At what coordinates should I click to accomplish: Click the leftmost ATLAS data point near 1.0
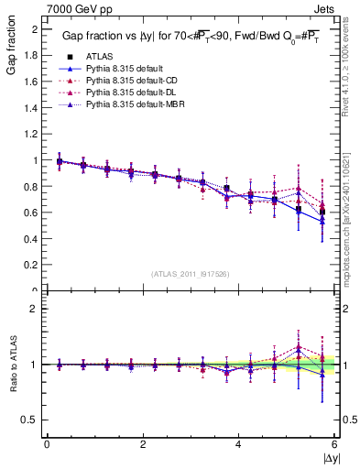[60, 161]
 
